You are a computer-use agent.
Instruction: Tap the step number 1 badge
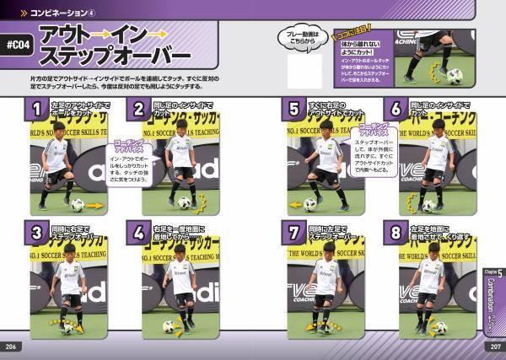(x=37, y=108)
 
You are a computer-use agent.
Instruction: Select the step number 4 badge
(x=138, y=232)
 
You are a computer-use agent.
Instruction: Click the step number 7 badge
(x=294, y=232)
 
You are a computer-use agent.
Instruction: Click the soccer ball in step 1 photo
(x=78, y=205)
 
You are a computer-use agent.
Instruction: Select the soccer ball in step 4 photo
(x=169, y=326)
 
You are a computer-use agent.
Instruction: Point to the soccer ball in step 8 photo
(x=439, y=327)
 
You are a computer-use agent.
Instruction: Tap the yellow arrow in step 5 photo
(x=294, y=205)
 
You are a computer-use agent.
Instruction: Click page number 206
(x=12, y=347)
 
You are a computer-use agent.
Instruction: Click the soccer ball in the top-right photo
(x=455, y=76)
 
